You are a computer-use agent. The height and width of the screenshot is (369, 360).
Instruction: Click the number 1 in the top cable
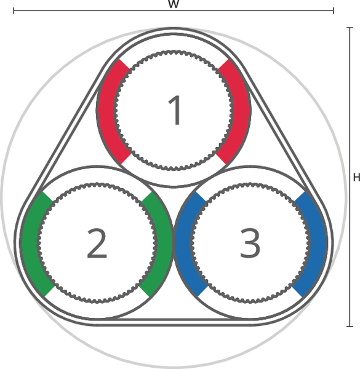tap(174, 110)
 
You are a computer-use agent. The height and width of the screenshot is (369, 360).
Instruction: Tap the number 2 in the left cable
tap(97, 243)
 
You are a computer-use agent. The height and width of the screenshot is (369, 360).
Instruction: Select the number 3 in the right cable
tap(250, 243)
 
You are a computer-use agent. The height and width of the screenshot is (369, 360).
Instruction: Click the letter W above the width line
tap(174, 4)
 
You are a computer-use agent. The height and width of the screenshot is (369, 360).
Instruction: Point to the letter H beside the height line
tap(357, 177)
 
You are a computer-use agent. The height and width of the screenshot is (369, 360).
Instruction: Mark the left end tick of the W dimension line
tap(14, 10)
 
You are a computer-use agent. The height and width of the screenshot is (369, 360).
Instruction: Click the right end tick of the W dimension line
tap(333, 10)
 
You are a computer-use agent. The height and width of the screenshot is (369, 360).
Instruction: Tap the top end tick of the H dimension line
tap(350, 28)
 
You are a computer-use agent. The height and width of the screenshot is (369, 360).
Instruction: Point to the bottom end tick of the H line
tap(350, 326)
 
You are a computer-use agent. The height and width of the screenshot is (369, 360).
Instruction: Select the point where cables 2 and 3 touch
tap(174, 244)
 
